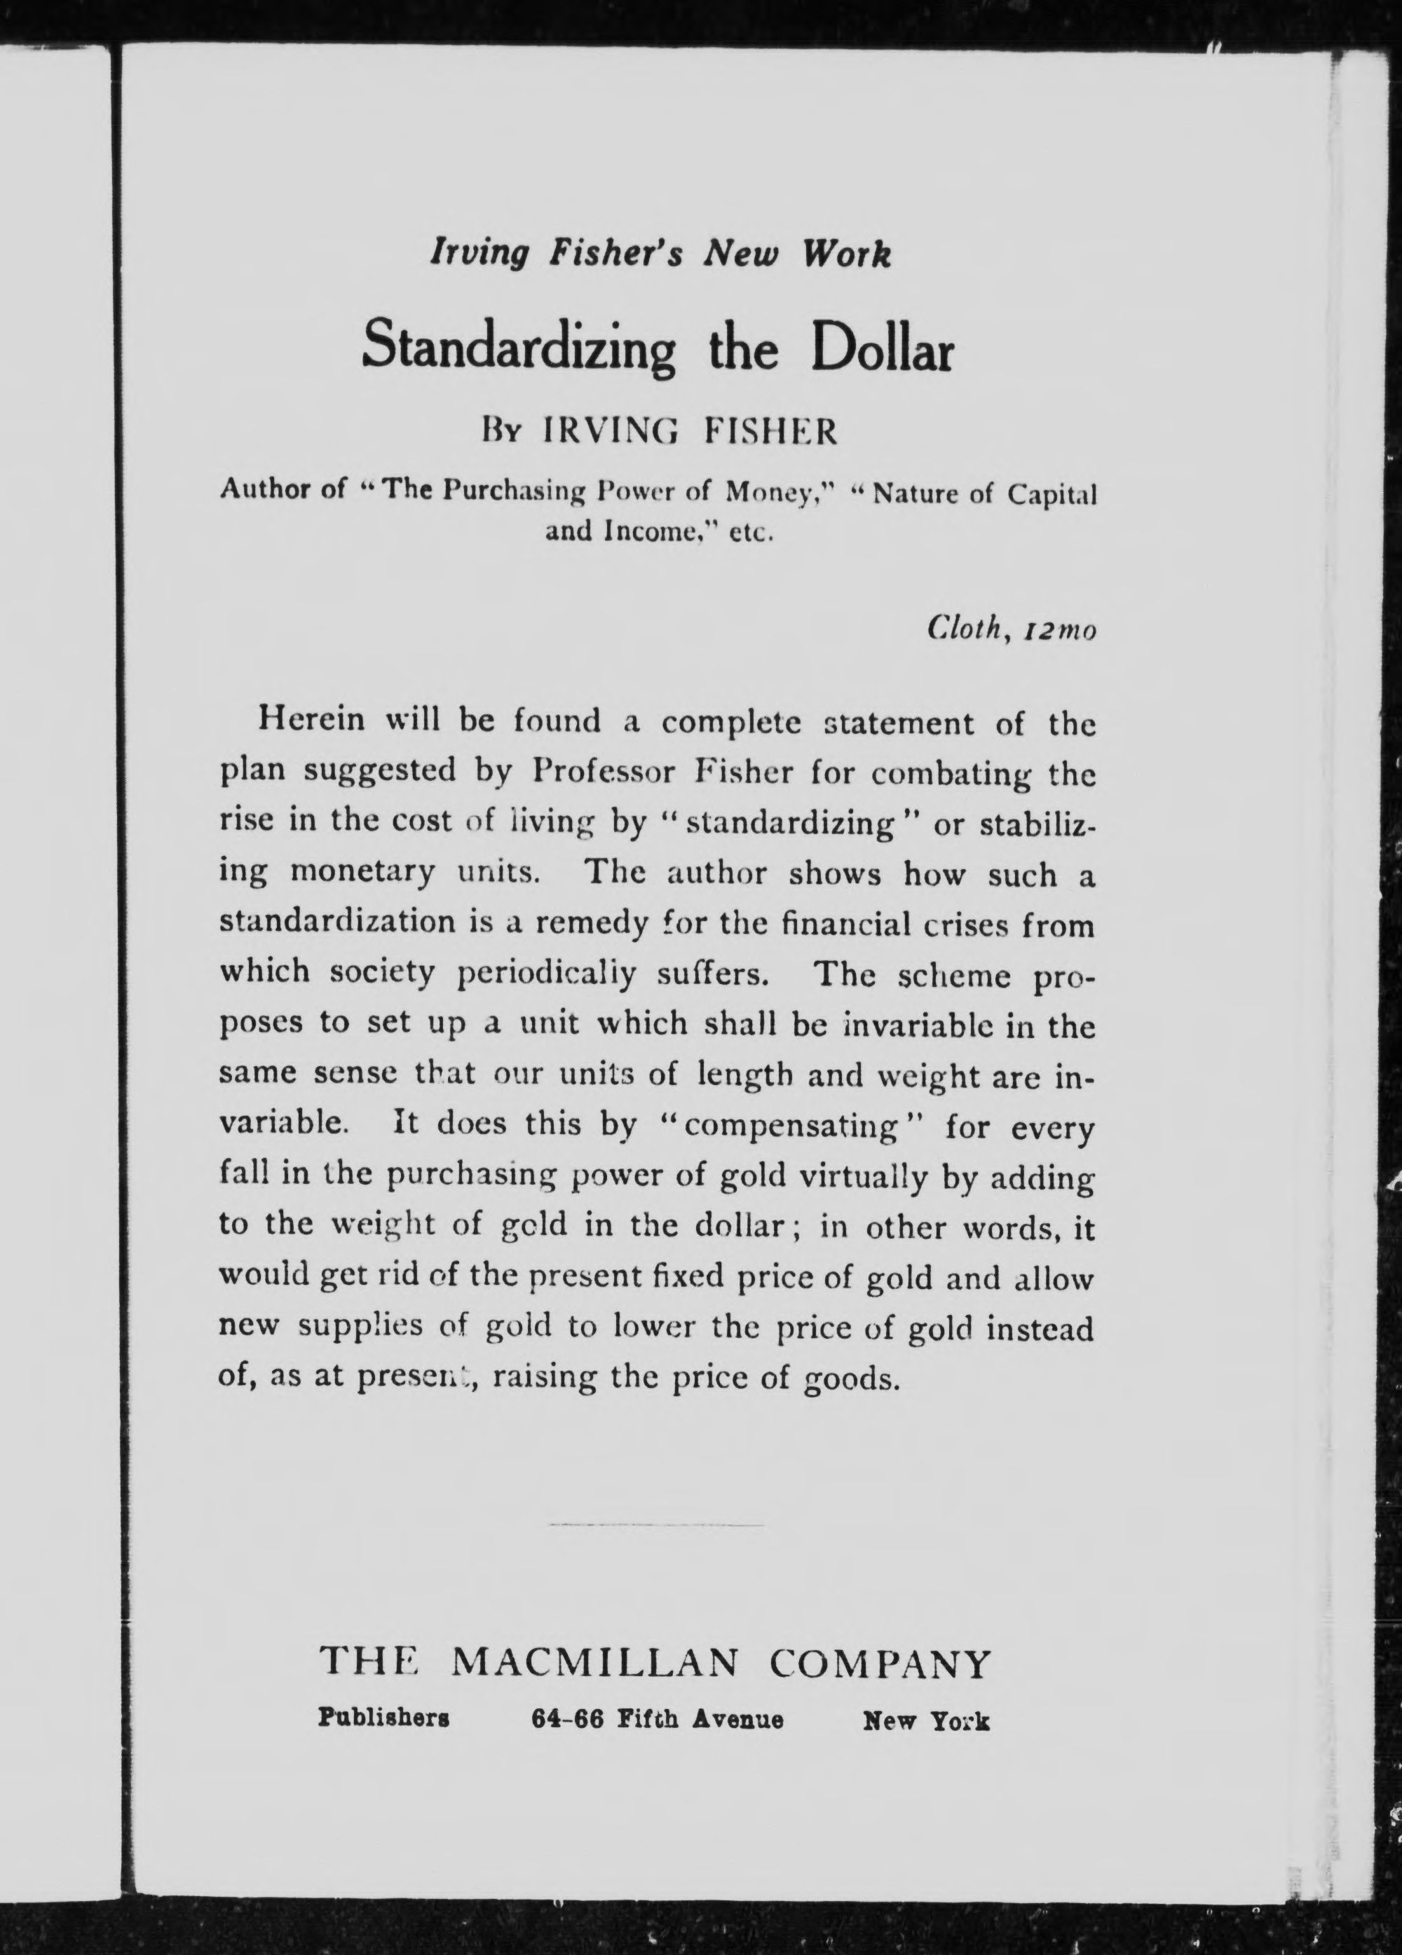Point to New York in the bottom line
[x=926, y=1721]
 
